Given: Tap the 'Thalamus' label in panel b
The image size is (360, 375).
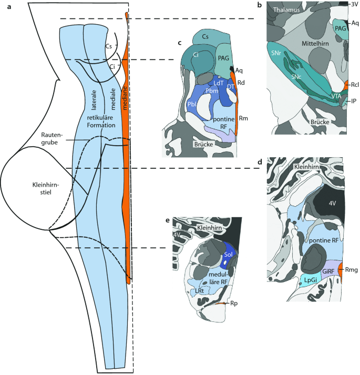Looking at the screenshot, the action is pos(285,9).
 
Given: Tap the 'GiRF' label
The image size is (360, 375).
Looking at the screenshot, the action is pos(328,271).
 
